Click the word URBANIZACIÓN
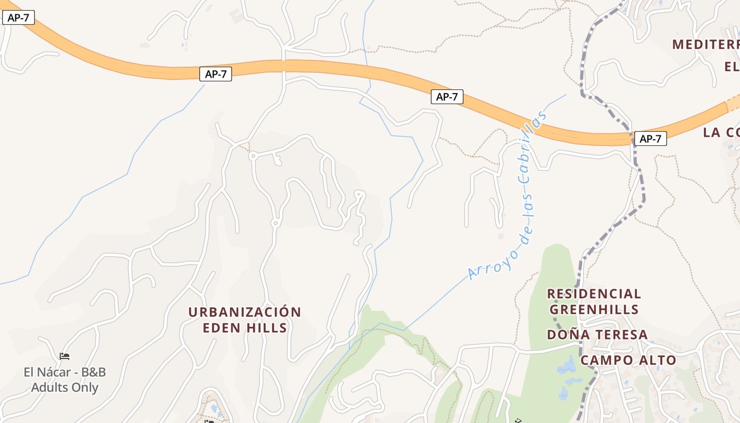(245, 312)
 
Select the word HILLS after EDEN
(267, 328)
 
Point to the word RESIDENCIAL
(594, 293)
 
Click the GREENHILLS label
(594, 309)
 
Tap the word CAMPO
(606, 361)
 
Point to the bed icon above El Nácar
(64, 356)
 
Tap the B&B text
(93, 372)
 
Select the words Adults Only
(64, 388)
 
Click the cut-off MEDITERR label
(706, 44)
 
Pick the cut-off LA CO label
(721, 132)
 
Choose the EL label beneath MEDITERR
(732, 67)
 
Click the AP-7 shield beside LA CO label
(650, 139)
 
